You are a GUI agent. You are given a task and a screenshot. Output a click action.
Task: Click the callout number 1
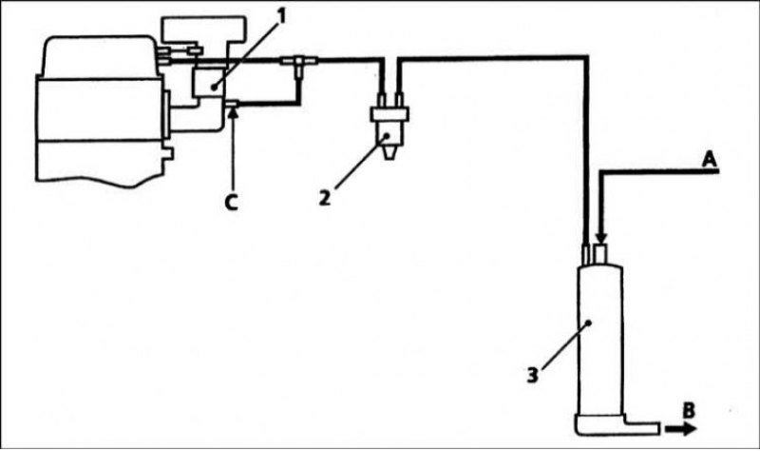point(280,16)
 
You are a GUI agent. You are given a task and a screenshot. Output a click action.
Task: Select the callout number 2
point(325,198)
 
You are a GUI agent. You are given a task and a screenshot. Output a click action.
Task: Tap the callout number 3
point(533,375)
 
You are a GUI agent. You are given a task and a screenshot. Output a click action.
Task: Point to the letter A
point(710,159)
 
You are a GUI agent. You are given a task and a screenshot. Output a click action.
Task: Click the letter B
point(689,411)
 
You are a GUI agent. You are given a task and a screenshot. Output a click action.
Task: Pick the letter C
point(232,203)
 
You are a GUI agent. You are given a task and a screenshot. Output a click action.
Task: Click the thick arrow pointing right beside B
point(681,429)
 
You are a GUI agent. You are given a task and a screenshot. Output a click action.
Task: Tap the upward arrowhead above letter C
point(233,112)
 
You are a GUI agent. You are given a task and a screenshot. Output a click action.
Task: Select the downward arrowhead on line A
point(601,239)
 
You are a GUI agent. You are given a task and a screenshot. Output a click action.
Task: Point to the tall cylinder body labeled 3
point(600,340)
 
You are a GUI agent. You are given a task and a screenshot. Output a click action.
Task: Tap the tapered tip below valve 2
point(389,153)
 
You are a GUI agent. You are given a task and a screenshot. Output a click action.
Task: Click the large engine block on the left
point(101,110)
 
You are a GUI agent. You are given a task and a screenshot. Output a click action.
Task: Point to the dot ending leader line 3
point(588,323)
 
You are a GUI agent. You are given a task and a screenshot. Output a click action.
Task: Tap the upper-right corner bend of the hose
point(587,59)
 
